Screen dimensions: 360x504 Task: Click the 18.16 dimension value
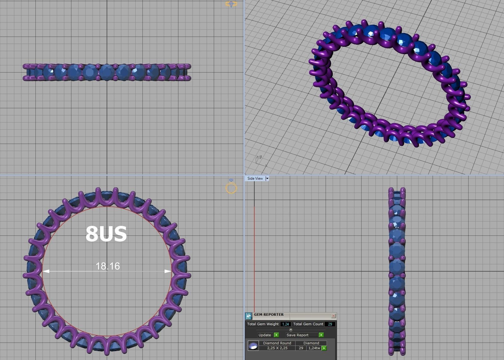(x=108, y=266)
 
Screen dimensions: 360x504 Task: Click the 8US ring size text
(x=106, y=234)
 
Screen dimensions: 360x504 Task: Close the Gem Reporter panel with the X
(x=333, y=316)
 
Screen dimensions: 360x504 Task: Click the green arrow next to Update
(x=276, y=335)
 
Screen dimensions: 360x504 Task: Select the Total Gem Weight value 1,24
(x=285, y=324)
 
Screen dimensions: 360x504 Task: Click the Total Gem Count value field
(x=330, y=324)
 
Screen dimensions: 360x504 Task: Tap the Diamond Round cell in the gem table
(x=277, y=343)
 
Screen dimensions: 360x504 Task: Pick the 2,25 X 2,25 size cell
(x=277, y=348)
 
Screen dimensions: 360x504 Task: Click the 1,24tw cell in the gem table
(x=314, y=348)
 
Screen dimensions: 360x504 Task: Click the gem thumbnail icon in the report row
(x=253, y=346)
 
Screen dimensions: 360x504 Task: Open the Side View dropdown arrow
(x=267, y=178)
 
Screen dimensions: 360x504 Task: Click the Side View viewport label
(x=255, y=178)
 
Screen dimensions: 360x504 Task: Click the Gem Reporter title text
(x=269, y=314)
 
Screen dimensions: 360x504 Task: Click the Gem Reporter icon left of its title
(x=248, y=316)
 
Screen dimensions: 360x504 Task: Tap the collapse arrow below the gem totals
(x=291, y=330)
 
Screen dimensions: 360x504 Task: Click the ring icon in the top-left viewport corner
(x=231, y=4)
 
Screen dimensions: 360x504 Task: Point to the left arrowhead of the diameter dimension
(x=46, y=271)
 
